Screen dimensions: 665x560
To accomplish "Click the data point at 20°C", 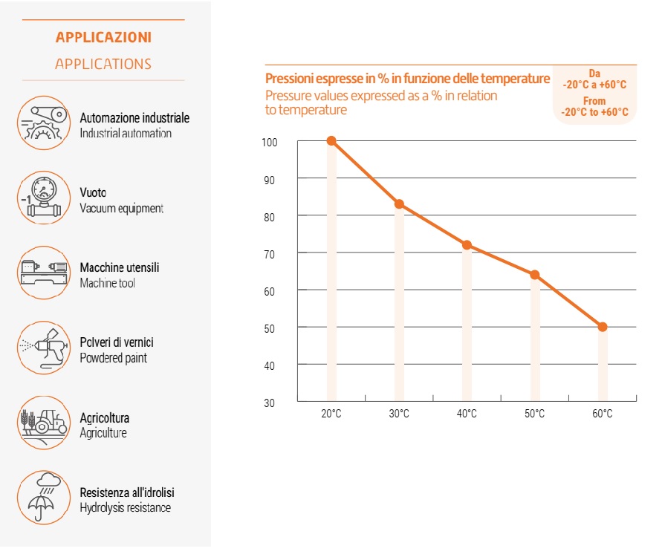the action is click(331, 140).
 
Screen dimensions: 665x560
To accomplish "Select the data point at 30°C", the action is click(399, 204).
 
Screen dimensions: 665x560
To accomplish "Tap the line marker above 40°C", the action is click(467, 245).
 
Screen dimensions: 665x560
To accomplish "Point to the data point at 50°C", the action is click(535, 275).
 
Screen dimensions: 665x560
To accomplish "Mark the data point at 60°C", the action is click(603, 327).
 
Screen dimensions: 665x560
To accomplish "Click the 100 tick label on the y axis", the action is click(269, 143).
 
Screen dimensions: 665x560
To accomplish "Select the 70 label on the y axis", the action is click(269, 254).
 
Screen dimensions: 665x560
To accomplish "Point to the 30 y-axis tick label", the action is click(269, 403).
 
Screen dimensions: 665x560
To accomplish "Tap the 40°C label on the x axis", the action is click(467, 414).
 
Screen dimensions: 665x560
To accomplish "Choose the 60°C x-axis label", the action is click(603, 414).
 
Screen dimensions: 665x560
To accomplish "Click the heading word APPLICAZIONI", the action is click(103, 37).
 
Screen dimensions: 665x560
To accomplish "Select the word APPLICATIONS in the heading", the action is click(103, 64).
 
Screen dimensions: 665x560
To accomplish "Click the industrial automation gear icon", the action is click(44, 123).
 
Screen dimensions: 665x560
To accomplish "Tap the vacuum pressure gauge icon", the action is click(44, 198).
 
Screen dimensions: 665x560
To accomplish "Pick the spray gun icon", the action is click(44, 348).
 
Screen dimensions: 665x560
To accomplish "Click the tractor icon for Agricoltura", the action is click(44, 423).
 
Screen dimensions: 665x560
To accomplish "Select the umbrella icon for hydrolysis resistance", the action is click(44, 498).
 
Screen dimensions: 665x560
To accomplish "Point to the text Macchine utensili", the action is click(120, 267).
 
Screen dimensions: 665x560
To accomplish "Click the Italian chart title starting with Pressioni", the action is click(408, 79).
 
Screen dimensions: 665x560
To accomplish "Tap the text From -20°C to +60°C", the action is click(594, 106).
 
